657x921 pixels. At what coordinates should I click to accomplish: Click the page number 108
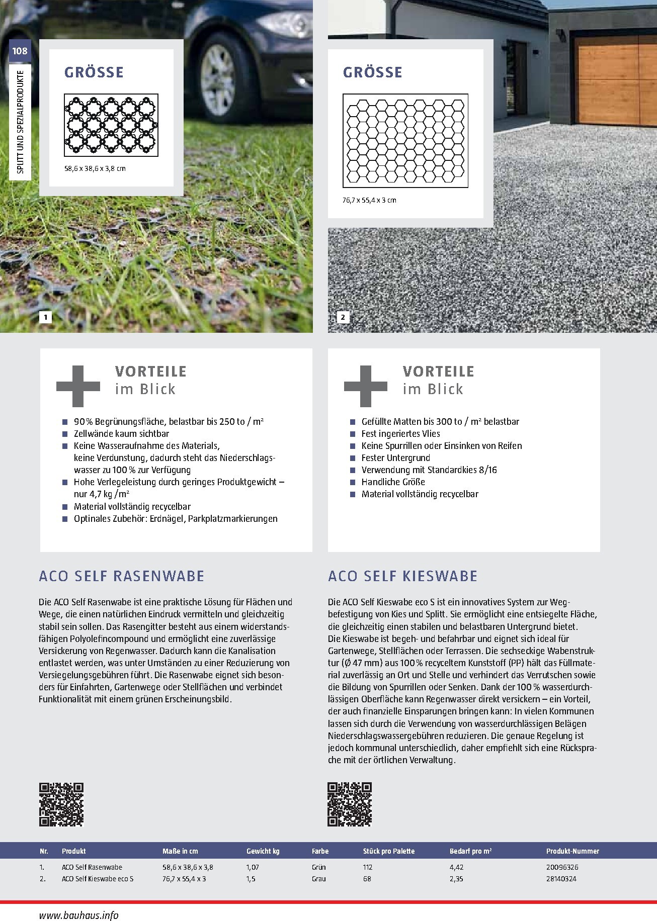pyautogui.click(x=20, y=51)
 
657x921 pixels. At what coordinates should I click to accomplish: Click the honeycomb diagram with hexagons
pyautogui.click(x=405, y=140)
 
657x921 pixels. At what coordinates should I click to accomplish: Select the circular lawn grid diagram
pyautogui.click(x=111, y=125)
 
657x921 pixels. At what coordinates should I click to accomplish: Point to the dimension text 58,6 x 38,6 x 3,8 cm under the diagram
pyautogui.click(x=95, y=168)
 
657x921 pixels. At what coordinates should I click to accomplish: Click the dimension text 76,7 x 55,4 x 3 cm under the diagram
pyautogui.click(x=369, y=200)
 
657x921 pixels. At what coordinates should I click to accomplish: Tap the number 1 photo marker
pyautogui.click(x=46, y=317)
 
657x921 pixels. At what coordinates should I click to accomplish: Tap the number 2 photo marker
pyautogui.click(x=343, y=317)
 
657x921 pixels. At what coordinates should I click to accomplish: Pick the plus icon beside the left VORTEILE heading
pyautogui.click(x=78, y=386)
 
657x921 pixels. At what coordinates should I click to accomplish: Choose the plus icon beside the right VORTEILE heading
pyautogui.click(x=366, y=386)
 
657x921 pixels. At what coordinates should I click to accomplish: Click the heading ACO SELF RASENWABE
pyautogui.click(x=122, y=576)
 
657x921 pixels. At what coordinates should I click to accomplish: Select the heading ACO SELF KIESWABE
pyautogui.click(x=402, y=576)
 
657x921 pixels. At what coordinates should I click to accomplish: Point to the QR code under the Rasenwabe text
pyautogui.click(x=61, y=804)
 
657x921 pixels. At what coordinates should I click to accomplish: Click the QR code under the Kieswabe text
pyautogui.click(x=350, y=804)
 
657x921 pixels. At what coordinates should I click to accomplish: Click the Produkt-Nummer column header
pyautogui.click(x=572, y=851)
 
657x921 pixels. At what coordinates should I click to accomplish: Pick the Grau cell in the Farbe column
pyautogui.click(x=319, y=879)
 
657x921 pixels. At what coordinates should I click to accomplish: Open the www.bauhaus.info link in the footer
pyautogui.click(x=78, y=915)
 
